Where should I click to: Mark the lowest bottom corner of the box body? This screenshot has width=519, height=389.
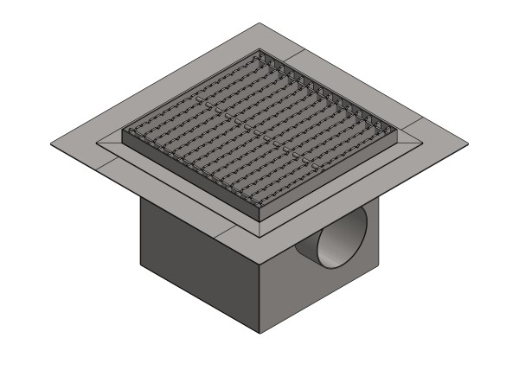tap(260, 333)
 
